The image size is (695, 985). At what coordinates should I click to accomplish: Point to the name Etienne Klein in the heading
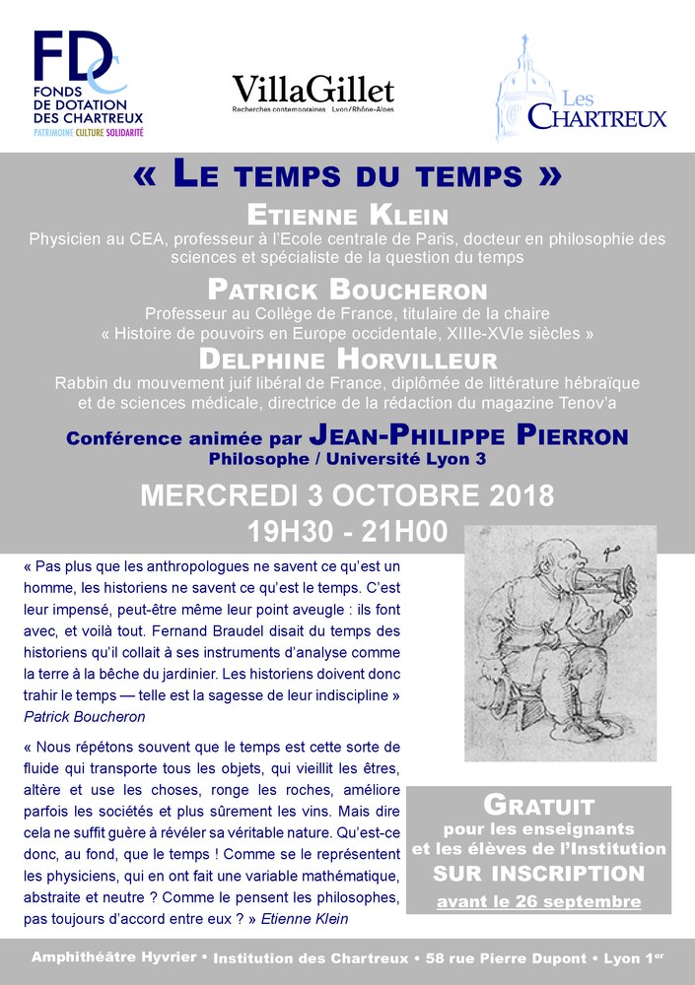347,216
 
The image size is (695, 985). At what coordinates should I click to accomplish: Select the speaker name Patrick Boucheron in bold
347,291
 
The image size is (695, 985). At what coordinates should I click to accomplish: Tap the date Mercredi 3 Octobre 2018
347,494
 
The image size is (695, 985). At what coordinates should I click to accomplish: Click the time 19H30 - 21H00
347,532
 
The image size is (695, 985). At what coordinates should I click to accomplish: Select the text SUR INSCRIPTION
538,873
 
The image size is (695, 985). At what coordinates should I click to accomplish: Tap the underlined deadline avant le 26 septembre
538,900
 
